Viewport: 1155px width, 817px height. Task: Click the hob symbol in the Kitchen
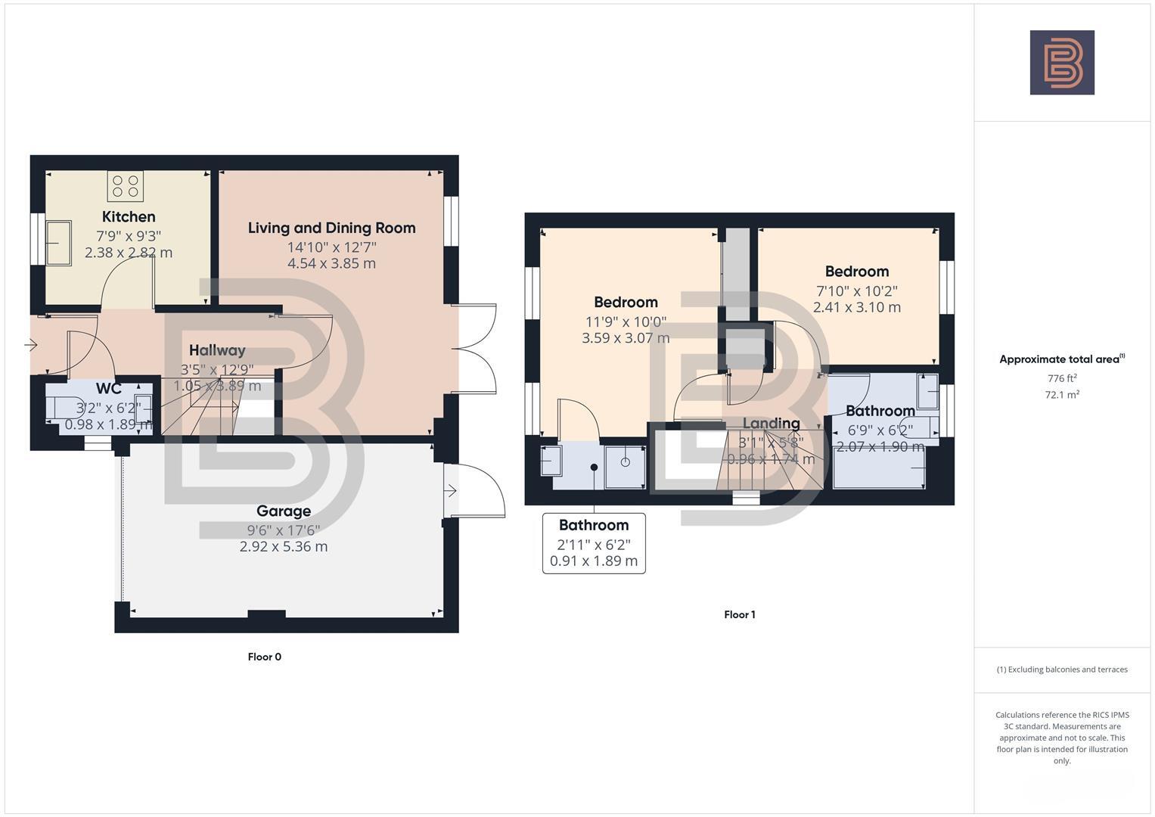point(125,186)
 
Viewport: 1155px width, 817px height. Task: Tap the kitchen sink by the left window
point(58,243)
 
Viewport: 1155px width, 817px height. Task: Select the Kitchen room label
point(129,217)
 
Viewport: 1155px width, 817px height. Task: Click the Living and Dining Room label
point(331,228)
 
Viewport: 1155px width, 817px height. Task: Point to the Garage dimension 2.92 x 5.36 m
point(284,546)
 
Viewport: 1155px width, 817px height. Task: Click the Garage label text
point(284,511)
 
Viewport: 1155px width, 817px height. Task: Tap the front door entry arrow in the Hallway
point(31,346)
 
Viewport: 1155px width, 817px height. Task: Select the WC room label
point(109,389)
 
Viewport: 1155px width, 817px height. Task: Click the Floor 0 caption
point(264,657)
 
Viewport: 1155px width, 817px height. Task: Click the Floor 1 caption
point(739,614)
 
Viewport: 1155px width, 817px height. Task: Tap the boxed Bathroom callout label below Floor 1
point(594,525)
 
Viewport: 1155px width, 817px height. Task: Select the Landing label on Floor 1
point(771,423)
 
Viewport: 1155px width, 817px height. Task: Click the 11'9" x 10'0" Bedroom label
point(626,303)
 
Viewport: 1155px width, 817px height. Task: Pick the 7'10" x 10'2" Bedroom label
point(856,272)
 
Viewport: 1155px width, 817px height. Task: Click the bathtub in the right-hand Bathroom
point(879,468)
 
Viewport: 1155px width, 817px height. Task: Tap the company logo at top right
point(1062,63)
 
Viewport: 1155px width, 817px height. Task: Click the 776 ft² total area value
point(1062,378)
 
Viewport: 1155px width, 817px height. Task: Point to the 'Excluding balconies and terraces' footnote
point(1062,669)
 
